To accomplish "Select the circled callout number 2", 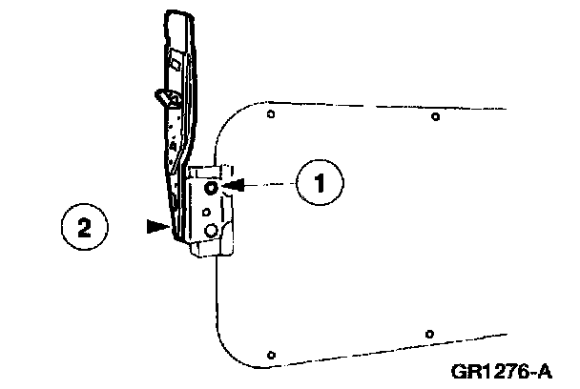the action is [83, 228].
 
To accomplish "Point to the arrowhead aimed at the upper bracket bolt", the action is [237, 184].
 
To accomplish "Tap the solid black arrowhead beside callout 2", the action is [156, 227].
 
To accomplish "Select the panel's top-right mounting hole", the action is [435, 117].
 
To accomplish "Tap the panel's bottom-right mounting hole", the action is [430, 334].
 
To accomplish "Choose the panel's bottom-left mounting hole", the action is [271, 354].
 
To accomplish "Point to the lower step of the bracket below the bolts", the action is [211, 249].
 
